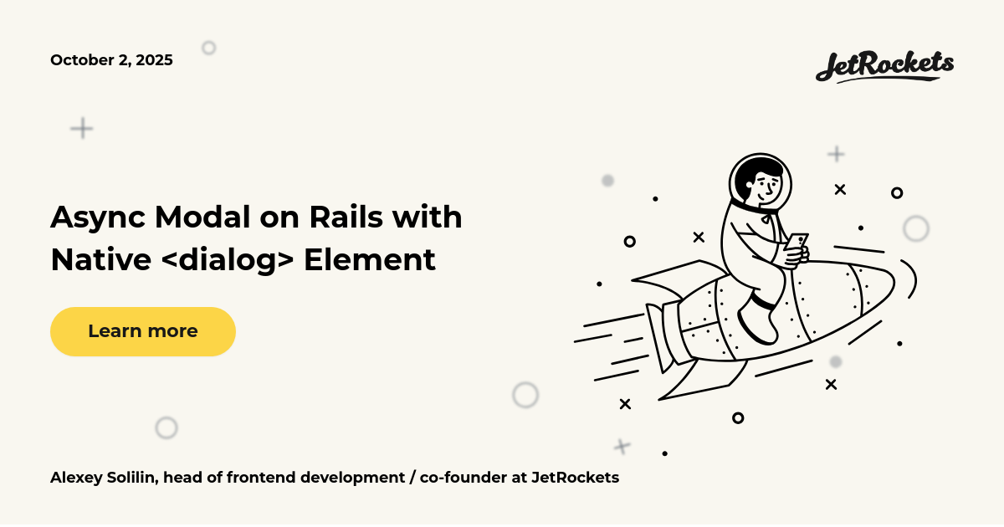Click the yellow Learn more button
(142, 331)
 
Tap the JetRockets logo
(884, 66)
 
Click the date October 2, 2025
(111, 60)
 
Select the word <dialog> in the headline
(227, 260)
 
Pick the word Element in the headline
(369, 260)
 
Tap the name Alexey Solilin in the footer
(104, 478)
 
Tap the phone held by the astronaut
(797, 243)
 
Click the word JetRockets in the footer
(575, 478)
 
